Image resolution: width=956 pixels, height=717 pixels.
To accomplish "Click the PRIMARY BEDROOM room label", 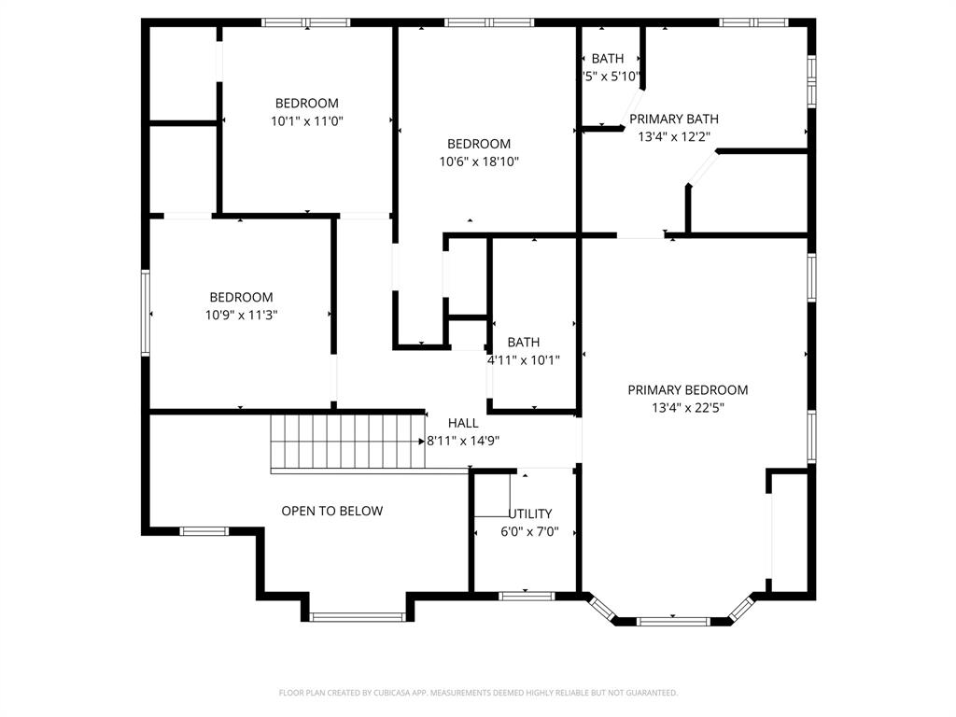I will pyautogui.click(x=687, y=390).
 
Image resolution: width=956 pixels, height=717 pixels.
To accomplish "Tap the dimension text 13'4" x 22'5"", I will pyautogui.click(x=687, y=407).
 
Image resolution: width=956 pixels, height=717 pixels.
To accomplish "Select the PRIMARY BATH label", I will pyautogui.click(x=673, y=119).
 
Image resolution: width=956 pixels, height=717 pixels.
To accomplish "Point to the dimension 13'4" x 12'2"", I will pyautogui.click(x=673, y=136).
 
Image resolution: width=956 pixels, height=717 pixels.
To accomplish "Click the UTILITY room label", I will pyautogui.click(x=530, y=513).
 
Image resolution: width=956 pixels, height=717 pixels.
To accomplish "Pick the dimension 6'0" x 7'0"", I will pyautogui.click(x=527, y=531).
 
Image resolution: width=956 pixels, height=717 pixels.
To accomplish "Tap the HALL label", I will pyautogui.click(x=463, y=423).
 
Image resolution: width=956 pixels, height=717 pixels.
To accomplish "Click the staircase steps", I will pyautogui.click(x=345, y=442).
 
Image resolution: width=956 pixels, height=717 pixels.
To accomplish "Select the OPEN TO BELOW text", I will pyautogui.click(x=332, y=511).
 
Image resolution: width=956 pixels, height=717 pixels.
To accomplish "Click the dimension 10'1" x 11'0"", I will pyautogui.click(x=306, y=120).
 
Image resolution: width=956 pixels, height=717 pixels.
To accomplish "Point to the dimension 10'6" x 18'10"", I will pyautogui.click(x=479, y=162).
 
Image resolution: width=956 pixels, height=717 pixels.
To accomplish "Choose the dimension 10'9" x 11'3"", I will pyautogui.click(x=241, y=315).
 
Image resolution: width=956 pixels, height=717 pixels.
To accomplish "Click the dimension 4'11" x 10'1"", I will pyautogui.click(x=523, y=359).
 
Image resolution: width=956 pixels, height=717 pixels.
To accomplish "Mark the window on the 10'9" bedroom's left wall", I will pyautogui.click(x=146, y=313).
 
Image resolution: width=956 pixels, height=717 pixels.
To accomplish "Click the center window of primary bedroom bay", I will pyautogui.click(x=672, y=620).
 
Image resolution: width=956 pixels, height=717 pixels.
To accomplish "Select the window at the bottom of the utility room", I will pyautogui.click(x=527, y=596).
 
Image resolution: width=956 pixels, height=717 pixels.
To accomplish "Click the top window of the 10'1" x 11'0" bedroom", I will pyautogui.click(x=305, y=22).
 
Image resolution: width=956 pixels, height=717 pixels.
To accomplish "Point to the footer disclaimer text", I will pyautogui.click(x=478, y=693).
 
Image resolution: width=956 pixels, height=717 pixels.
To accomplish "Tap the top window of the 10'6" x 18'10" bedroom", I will pyautogui.click(x=488, y=22).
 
